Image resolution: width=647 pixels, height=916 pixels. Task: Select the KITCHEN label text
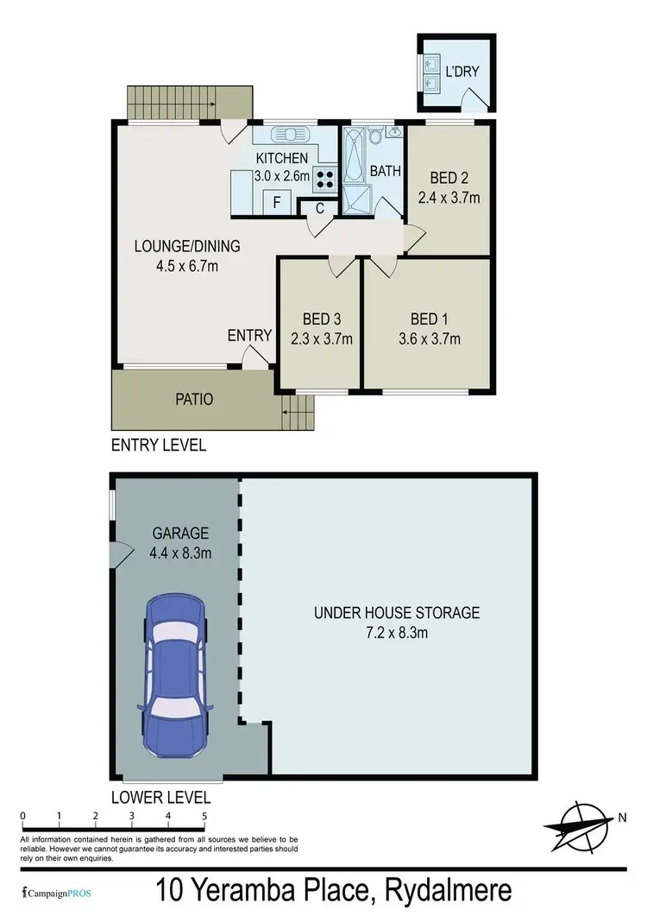coord(281,158)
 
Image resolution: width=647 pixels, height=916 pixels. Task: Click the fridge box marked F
coord(276,203)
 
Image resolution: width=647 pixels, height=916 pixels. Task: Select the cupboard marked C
coord(318,207)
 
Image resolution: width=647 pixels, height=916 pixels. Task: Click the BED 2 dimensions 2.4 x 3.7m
coord(449,197)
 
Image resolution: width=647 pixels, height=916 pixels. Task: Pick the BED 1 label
coord(436,317)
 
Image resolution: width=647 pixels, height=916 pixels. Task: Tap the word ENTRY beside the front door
coord(250,335)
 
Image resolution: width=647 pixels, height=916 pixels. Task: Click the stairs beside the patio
coord(298,412)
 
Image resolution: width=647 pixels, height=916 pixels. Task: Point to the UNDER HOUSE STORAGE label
coord(396,613)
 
